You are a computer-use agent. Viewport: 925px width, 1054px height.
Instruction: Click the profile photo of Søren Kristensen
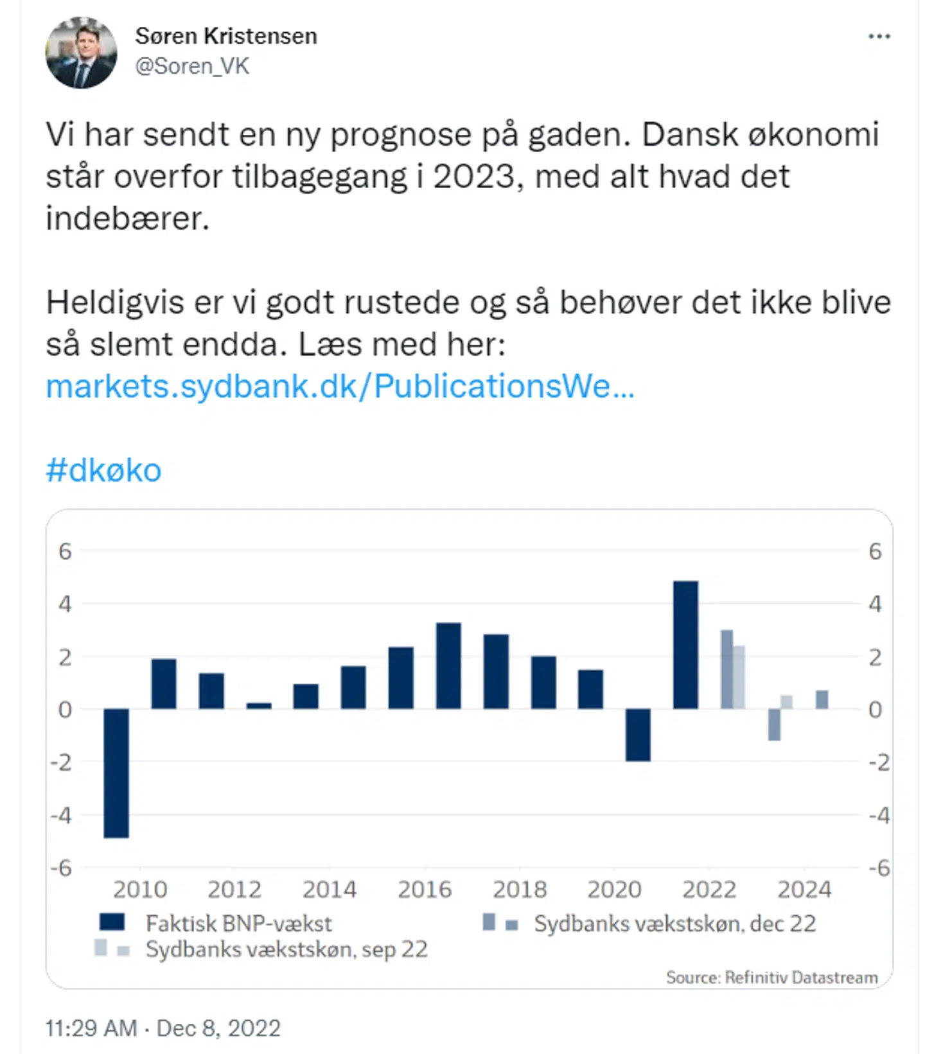(x=81, y=53)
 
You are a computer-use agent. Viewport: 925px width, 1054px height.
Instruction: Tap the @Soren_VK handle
(x=191, y=66)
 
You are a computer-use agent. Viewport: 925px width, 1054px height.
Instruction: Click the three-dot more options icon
(x=879, y=37)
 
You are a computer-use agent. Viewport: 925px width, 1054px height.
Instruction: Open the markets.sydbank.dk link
(x=340, y=386)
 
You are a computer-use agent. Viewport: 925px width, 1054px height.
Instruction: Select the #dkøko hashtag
(x=103, y=470)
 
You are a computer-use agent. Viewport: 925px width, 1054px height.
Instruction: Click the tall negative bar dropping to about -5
(x=116, y=773)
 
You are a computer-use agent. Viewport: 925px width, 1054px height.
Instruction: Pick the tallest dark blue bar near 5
(x=685, y=644)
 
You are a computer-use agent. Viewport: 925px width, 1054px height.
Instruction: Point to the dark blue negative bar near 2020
(x=638, y=735)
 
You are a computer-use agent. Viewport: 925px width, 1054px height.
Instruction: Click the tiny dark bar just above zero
(x=259, y=705)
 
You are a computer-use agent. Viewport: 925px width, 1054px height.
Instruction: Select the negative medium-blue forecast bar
(x=774, y=725)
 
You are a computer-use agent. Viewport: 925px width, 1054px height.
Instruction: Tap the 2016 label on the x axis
(x=425, y=890)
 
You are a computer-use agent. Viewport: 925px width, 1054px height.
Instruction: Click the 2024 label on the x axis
(x=804, y=890)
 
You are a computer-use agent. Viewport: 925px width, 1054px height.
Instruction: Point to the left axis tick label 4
(x=65, y=604)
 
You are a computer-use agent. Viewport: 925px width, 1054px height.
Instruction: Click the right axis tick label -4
(x=879, y=816)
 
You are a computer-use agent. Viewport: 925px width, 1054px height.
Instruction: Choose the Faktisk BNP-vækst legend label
(x=238, y=924)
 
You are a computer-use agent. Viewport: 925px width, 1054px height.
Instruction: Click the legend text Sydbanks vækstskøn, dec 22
(x=674, y=924)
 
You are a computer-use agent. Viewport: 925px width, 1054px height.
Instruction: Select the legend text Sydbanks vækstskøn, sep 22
(x=286, y=949)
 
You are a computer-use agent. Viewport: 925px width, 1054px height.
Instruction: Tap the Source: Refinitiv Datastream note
(x=771, y=978)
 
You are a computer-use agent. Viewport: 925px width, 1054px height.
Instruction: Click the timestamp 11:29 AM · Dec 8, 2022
(x=163, y=1028)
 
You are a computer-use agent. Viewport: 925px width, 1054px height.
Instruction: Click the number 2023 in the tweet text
(x=474, y=177)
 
